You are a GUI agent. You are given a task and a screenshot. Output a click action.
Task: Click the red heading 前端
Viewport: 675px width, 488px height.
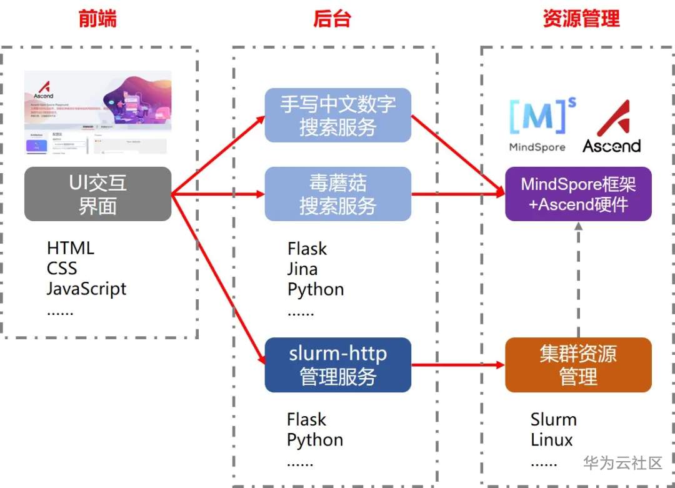(x=97, y=19)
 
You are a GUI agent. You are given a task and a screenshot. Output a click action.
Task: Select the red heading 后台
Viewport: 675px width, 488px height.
(x=332, y=19)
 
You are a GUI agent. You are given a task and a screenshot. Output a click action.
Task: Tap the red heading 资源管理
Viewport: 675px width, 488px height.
(x=581, y=19)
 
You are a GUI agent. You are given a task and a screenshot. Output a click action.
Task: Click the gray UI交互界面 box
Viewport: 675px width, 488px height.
(x=97, y=194)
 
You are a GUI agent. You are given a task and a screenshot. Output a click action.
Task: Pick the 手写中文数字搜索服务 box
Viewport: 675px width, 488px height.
(x=337, y=115)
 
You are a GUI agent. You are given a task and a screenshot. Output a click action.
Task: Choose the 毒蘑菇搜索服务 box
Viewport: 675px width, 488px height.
(x=337, y=194)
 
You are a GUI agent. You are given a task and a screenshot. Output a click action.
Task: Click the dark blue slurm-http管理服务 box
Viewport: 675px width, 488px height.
(x=337, y=365)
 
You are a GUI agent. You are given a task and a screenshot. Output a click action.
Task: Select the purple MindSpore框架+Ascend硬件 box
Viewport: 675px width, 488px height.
(x=578, y=194)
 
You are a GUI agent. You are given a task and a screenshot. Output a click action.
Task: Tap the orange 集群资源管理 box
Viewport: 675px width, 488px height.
(x=578, y=365)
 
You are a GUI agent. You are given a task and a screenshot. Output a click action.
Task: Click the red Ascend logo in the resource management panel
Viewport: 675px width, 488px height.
(x=611, y=127)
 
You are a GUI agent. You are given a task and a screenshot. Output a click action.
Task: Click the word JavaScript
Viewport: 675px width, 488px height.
(x=86, y=289)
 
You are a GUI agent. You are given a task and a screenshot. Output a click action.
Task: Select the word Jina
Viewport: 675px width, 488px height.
(x=302, y=269)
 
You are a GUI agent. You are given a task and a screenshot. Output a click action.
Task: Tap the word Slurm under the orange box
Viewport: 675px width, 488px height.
(x=554, y=419)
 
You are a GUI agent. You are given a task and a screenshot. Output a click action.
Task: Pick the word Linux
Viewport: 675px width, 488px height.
(x=551, y=439)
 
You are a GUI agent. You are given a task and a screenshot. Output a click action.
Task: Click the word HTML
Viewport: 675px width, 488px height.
(x=71, y=248)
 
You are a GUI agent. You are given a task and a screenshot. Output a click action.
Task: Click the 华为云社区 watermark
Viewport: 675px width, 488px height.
(x=622, y=463)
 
